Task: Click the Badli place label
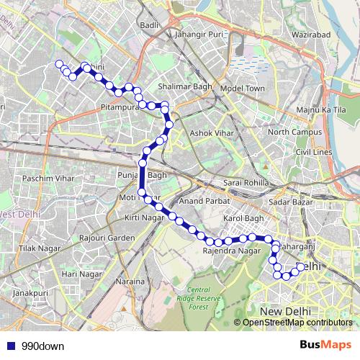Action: (150, 25)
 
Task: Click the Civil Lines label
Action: (312, 153)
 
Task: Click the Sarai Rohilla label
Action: (245, 183)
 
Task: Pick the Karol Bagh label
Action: (245, 217)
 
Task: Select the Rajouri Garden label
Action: (107, 238)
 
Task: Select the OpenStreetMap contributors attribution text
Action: (297, 323)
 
